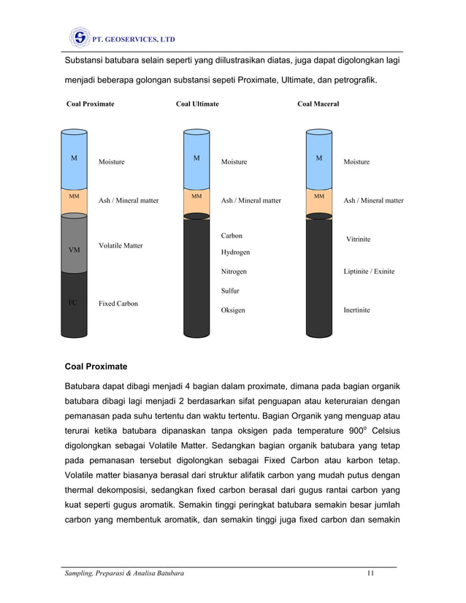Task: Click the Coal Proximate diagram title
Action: (x=90, y=104)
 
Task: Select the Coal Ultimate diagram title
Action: (x=197, y=104)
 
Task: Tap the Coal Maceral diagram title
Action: (x=318, y=104)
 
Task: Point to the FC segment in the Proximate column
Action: (x=74, y=303)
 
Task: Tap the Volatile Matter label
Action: (x=121, y=246)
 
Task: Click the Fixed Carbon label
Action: (x=118, y=303)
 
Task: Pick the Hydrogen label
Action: (x=235, y=252)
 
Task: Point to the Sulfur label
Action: (x=230, y=291)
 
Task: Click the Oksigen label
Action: (x=233, y=310)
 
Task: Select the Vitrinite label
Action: (x=359, y=239)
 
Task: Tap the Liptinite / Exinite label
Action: (x=369, y=272)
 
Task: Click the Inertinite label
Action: (x=356, y=310)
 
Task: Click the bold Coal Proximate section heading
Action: (x=96, y=366)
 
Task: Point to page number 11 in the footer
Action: (x=371, y=574)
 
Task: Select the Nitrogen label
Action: (x=234, y=272)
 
